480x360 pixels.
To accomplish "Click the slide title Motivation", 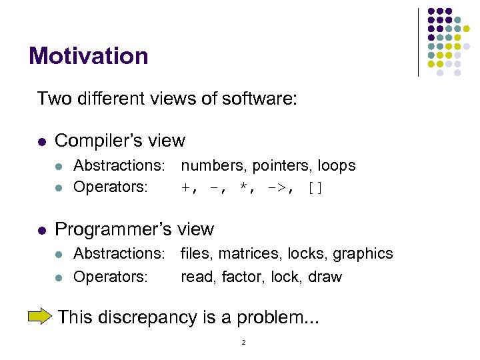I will (89, 56).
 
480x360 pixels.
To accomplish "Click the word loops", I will (337, 165).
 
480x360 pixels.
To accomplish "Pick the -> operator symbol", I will (279, 187).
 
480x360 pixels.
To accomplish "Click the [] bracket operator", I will (315, 187).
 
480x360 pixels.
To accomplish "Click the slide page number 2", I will (244, 342).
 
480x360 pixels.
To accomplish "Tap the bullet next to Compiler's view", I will (41, 141).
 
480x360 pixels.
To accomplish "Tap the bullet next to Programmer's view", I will (41, 230).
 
